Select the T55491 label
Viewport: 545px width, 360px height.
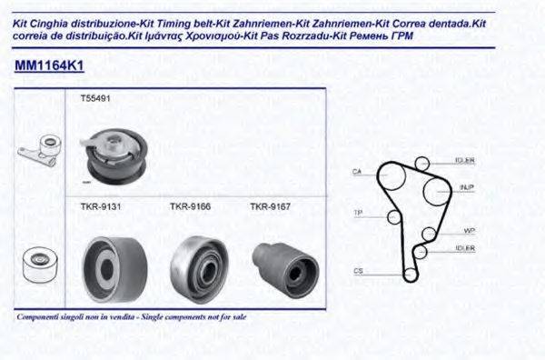click(94, 98)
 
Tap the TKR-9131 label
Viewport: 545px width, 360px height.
click(95, 206)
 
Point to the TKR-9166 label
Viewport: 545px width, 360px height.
click(190, 206)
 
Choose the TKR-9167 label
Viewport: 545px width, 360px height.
click(270, 206)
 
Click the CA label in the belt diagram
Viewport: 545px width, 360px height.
click(357, 172)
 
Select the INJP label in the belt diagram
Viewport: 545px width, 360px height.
click(467, 187)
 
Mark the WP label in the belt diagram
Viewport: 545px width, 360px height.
click(469, 230)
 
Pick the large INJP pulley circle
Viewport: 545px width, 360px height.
click(433, 193)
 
